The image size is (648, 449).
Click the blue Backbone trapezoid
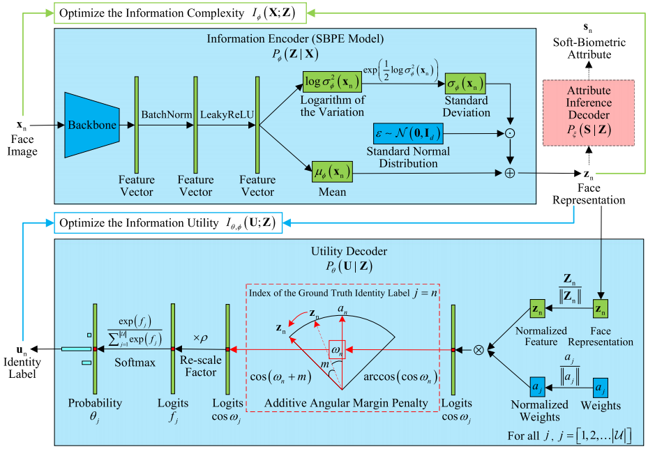tap(91, 125)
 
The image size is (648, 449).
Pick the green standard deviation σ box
tap(465, 84)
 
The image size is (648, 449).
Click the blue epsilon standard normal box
tap(407, 131)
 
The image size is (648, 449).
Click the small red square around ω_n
tap(336, 349)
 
